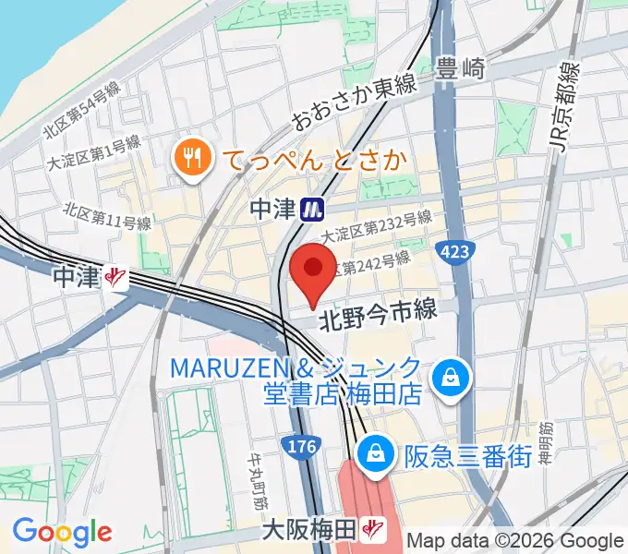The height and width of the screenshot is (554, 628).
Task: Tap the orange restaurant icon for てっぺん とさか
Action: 192,159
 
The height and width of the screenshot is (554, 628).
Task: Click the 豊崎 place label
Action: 461,67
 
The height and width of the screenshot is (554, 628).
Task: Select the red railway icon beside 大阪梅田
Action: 374,530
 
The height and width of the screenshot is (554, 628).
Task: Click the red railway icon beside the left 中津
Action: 116,275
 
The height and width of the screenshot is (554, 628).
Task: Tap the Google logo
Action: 62,531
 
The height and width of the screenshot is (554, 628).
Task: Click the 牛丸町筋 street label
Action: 257,482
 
